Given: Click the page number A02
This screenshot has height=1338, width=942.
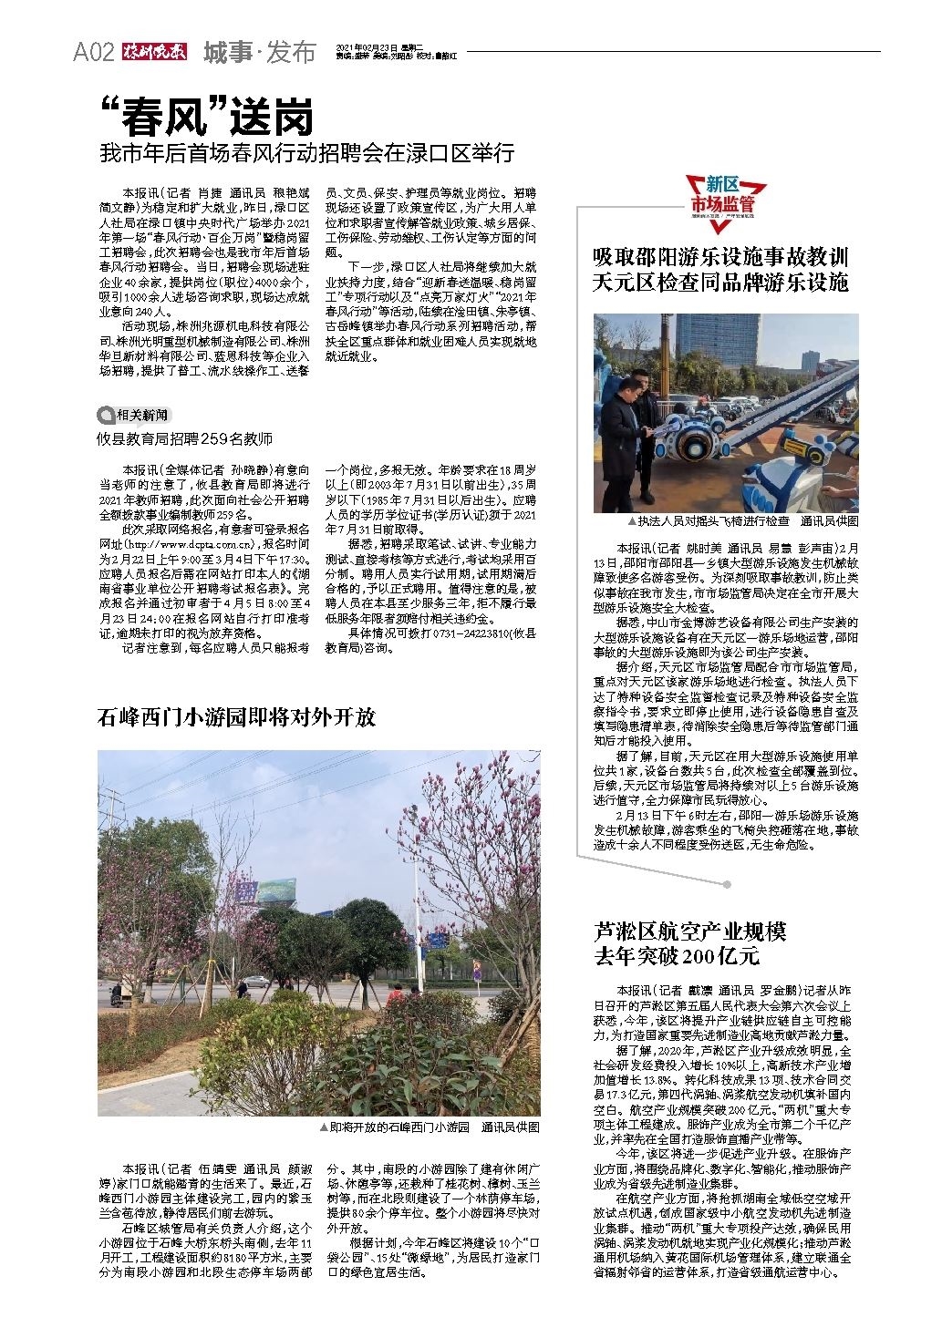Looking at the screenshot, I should [92, 53].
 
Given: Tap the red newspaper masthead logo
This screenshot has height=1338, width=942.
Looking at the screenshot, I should [153, 53].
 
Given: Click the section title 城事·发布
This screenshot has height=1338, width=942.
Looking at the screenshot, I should [259, 53].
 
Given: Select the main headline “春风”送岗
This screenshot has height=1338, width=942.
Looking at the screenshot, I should [207, 118].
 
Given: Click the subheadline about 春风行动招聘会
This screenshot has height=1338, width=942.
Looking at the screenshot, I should [307, 152].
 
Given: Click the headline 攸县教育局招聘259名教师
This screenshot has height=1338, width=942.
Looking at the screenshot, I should [185, 438].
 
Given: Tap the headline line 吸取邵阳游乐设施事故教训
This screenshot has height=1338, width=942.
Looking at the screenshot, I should [721, 256].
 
